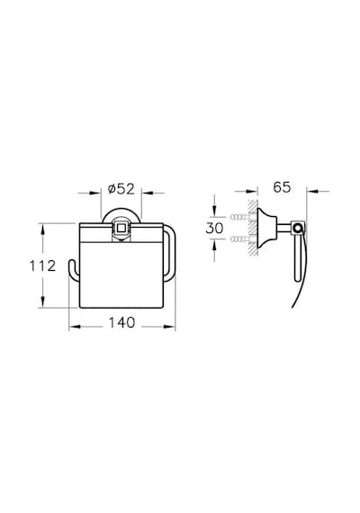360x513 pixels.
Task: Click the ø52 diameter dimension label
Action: [x=121, y=189]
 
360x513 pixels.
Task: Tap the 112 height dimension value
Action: [x=43, y=266]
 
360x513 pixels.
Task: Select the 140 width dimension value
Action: [x=121, y=322]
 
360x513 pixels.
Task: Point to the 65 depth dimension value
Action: [x=282, y=187]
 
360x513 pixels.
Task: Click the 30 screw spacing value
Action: [x=214, y=228]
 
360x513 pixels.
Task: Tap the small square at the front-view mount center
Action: [x=121, y=228]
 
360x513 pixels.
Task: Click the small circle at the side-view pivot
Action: [x=298, y=228]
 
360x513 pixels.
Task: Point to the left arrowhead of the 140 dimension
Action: [x=75, y=326]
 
